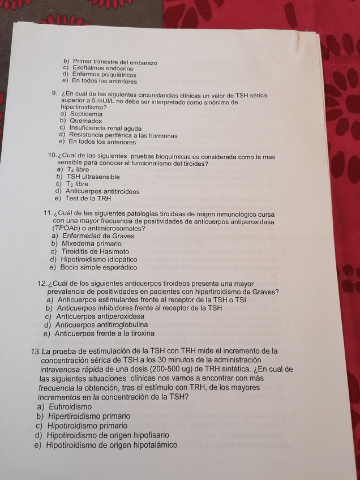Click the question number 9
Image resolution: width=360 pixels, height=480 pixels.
point(54,94)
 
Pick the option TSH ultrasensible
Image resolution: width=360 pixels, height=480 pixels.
point(93,177)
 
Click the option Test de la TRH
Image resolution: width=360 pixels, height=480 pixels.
point(88,199)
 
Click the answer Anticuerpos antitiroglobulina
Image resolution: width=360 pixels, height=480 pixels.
point(101,325)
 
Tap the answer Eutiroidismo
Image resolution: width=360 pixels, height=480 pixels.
point(70,406)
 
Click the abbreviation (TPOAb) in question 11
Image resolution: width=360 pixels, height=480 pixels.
point(67,229)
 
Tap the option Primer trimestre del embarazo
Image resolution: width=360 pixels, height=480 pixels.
point(115,62)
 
